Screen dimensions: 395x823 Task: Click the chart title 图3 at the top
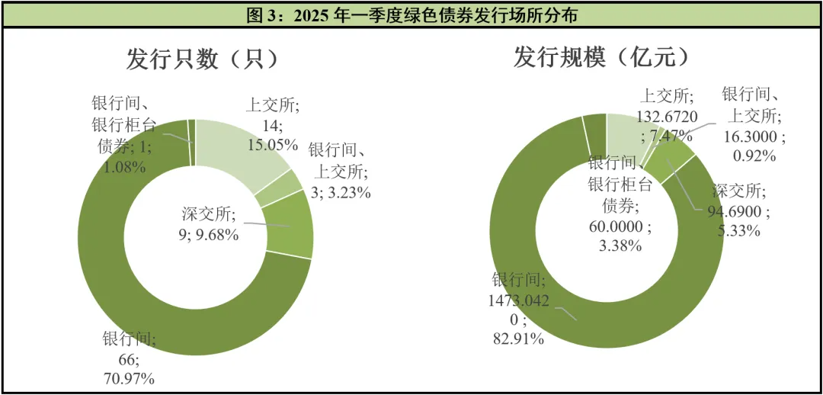pos(411,14)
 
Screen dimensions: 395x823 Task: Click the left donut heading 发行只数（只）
pos(202,59)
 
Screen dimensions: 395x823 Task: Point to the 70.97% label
pos(130,377)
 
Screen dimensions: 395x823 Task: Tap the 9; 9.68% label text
pos(208,235)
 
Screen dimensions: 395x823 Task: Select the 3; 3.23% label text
pos(340,192)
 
